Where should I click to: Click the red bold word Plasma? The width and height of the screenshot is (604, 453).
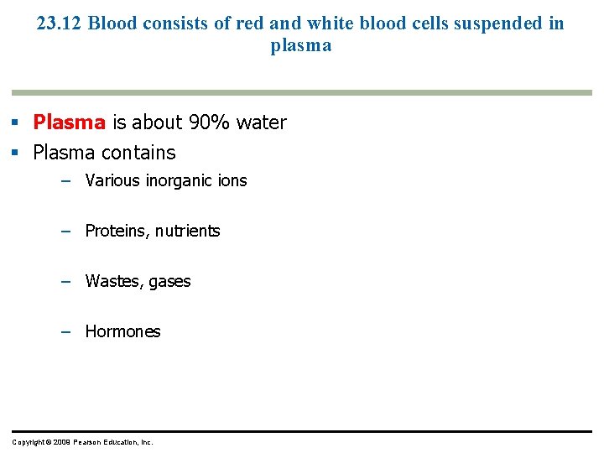[x=69, y=122]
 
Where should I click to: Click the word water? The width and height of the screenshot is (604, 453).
[x=261, y=122]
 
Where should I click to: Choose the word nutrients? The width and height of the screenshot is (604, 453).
[x=187, y=231]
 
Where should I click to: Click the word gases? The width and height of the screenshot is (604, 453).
[x=170, y=281]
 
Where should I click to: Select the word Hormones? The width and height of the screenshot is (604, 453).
[x=122, y=331]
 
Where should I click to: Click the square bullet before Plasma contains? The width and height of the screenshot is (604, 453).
[x=16, y=153]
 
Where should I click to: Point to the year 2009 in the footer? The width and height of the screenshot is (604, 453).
[x=61, y=442]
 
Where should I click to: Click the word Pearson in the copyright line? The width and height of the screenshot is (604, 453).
[x=90, y=442]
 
